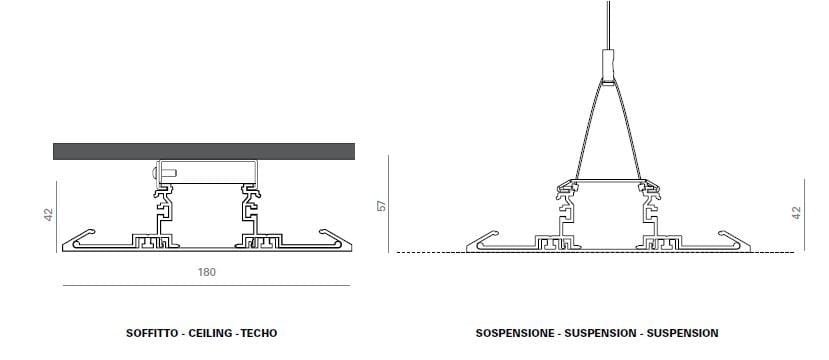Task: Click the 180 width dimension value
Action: pyautogui.click(x=207, y=272)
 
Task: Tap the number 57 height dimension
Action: pyautogui.click(x=379, y=205)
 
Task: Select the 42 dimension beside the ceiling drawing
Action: pyautogui.click(x=47, y=215)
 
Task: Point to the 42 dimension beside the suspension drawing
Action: pyautogui.click(x=796, y=213)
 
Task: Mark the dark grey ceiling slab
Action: pyautogui.click(x=204, y=152)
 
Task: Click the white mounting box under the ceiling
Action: pyautogui.click(x=205, y=173)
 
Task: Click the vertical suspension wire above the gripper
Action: pyautogui.click(x=609, y=25)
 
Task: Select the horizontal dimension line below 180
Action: pyautogui.click(x=206, y=286)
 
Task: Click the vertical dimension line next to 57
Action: pyautogui.click(x=392, y=205)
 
